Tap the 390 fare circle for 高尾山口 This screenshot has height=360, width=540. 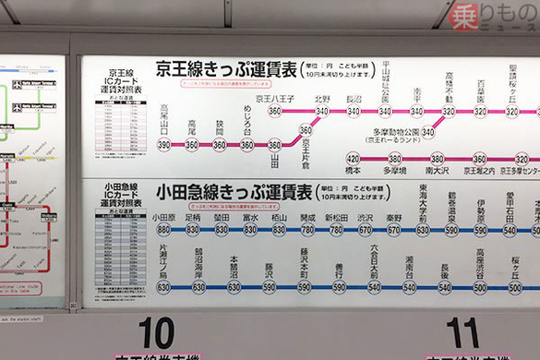click(164, 145)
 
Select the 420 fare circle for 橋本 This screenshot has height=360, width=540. click(353, 159)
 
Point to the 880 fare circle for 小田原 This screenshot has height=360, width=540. click(163, 230)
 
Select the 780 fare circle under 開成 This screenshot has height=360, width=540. click(307, 230)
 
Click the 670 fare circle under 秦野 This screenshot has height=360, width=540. click(394, 230)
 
